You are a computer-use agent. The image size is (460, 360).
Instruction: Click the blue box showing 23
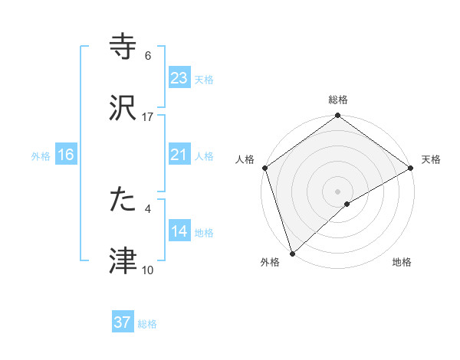pyautogui.click(x=179, y=78)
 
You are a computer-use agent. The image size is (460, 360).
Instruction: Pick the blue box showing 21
pyautogui.click(x=179, y=155)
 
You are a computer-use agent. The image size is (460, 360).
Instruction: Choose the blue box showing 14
pyautogui.click(x=179, y=231)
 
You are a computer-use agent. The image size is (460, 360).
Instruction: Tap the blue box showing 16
pyautogui.click(x=66, y=155)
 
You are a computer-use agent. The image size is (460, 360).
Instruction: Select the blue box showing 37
pyautogui.click(x=123, y=322)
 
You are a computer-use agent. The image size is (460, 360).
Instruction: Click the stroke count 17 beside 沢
pyautogui.click(x=148, y=117)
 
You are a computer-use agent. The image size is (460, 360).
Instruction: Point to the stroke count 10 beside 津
pyautogui.click(x=148, y=270)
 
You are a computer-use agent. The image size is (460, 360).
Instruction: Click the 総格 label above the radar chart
pyautogui.click(x=338, y=100)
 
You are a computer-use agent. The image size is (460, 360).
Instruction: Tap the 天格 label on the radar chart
pyautogui.click(x=431, y=159)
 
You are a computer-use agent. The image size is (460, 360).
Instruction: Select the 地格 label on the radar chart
pyautogui.click(x=402, y=262)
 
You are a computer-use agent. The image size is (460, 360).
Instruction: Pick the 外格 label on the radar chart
pyautogui.click(x=270, y=262)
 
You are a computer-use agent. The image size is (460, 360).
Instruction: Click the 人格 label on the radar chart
pyautogui.click(x=245, y=159)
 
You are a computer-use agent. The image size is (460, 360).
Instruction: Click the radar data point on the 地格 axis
pyautogui.click(x=347, y=204)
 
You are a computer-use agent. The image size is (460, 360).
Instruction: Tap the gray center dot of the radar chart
pyautogui.click(x=338, y=191)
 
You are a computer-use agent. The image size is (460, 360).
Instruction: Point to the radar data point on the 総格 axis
pyautogui.click(x=338, y=116)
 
